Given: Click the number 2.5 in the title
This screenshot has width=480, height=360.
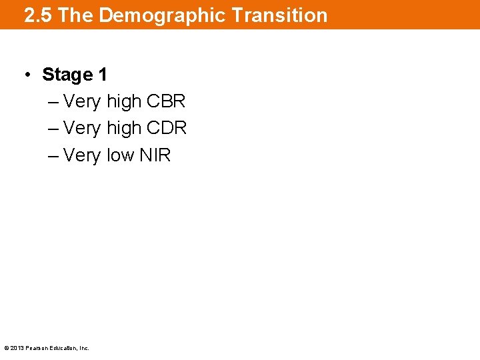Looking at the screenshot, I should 39,15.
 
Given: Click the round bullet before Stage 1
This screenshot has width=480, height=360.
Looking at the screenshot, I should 27,75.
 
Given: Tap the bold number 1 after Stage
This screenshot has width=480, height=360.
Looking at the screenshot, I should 102,75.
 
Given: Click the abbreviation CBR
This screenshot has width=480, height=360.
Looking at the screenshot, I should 166,101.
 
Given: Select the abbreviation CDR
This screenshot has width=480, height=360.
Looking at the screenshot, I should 167,128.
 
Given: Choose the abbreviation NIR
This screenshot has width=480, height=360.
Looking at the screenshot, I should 155,155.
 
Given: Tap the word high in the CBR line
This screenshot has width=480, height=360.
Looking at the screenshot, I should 124,101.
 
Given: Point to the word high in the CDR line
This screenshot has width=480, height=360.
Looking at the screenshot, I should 124,128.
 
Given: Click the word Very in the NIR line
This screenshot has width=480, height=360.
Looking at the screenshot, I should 82,155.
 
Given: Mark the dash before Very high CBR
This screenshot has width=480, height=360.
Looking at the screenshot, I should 53,102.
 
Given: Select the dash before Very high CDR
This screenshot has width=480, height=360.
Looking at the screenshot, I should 53,129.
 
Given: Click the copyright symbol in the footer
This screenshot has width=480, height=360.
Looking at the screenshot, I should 6,348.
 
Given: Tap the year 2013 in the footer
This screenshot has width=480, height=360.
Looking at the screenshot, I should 17,348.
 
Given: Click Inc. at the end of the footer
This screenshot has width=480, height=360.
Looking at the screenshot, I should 83,348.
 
